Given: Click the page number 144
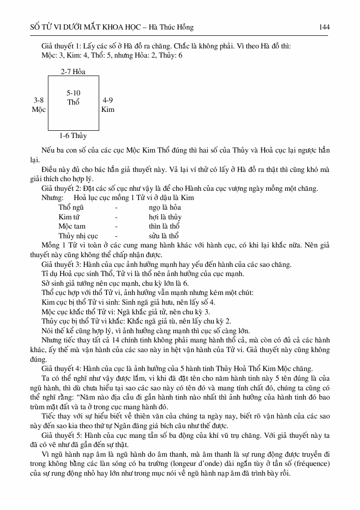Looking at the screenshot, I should pyautogui.click(x=324, y=27).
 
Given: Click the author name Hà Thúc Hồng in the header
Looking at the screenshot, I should pyautogui.click(x=172, y=27).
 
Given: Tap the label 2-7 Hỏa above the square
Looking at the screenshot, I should pyautogui.click(x=73, y=72).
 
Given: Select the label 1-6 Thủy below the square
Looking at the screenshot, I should pyautogui.click(x=73, y=136).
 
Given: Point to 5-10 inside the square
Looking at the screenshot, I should pyautogui.click(x=74, y=93).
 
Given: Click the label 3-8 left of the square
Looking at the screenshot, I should pyautogui.click(x=39, y=100).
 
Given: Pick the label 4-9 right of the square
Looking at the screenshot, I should pyautogui.click(x=108, y=100).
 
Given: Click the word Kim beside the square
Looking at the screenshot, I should pyautogui.click(x=108, y=109).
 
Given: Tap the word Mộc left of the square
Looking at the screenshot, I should pyautogui.click(x=39, y=109).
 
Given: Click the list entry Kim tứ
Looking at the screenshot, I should pyautogui.click(x=68, y=217).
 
